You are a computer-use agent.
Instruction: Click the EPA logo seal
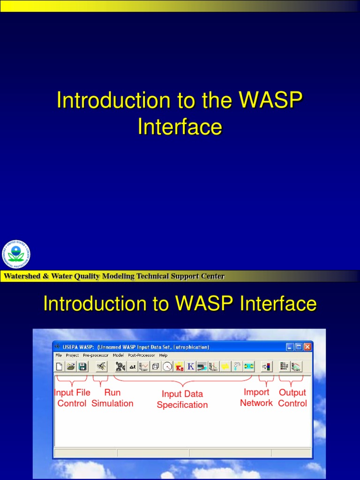point(16,255)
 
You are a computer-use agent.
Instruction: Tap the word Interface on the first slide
point(180,127)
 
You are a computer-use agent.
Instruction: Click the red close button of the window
point(307,347)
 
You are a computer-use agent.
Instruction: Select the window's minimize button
point(290,347)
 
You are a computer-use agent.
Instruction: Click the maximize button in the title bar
point(298,347)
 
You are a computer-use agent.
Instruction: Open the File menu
point(59,356)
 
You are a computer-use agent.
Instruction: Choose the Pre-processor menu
point(95,356)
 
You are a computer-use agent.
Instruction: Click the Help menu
point(163,356)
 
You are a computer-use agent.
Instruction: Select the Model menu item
point(118,356)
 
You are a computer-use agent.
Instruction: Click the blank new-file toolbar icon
point(60,367)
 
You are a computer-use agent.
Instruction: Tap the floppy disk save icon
point(82,367)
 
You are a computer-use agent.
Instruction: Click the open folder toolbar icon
point(71,367)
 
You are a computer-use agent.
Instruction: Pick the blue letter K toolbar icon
point(191,367)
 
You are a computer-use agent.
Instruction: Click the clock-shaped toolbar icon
point(167,367)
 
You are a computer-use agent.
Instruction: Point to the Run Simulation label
point(112,398)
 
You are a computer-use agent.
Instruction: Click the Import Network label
point(256,397)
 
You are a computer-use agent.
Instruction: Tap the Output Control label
point(292,398)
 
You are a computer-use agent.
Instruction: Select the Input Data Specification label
point(182,399)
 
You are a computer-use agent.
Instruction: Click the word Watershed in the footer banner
point(22,276)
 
